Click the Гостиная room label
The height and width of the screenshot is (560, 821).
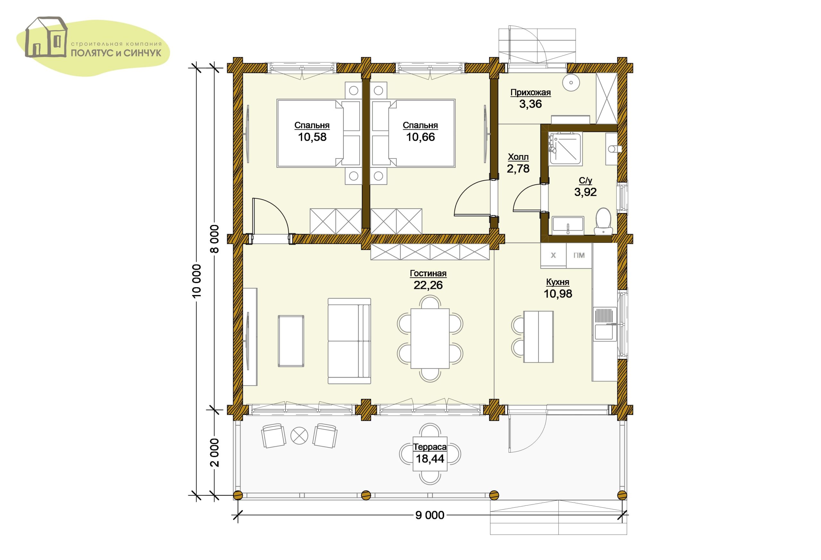click(x=428, y=273)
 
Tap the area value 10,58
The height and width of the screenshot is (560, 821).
click(x=312, y=137)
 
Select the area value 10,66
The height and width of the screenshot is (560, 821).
click(x=420, y=137)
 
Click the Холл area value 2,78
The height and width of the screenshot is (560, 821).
click(x=518, y=168)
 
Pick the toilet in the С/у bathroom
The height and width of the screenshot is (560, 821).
click(x=603, y=221)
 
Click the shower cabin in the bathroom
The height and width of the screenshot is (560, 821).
click(x=565, y=149)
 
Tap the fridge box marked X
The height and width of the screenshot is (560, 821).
click(x=553, y=255)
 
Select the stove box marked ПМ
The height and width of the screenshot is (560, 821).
click(x=579, y=255)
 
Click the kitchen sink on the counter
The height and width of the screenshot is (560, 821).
click(x=605, y=324)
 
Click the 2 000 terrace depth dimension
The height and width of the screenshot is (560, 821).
click(x=215, y=452)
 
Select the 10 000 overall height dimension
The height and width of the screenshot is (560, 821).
click(x=196, y=280)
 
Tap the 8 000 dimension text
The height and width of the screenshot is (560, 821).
click(x=215, y=239)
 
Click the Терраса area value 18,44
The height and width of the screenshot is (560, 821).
click(x=430, y=459)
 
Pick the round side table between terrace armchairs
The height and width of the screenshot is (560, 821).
click(x=299, y=435)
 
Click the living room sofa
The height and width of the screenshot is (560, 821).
click(x=349, y=341)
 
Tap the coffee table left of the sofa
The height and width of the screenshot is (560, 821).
click(x=291, y=341)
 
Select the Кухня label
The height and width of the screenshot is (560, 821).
click(x=557, y=282)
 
